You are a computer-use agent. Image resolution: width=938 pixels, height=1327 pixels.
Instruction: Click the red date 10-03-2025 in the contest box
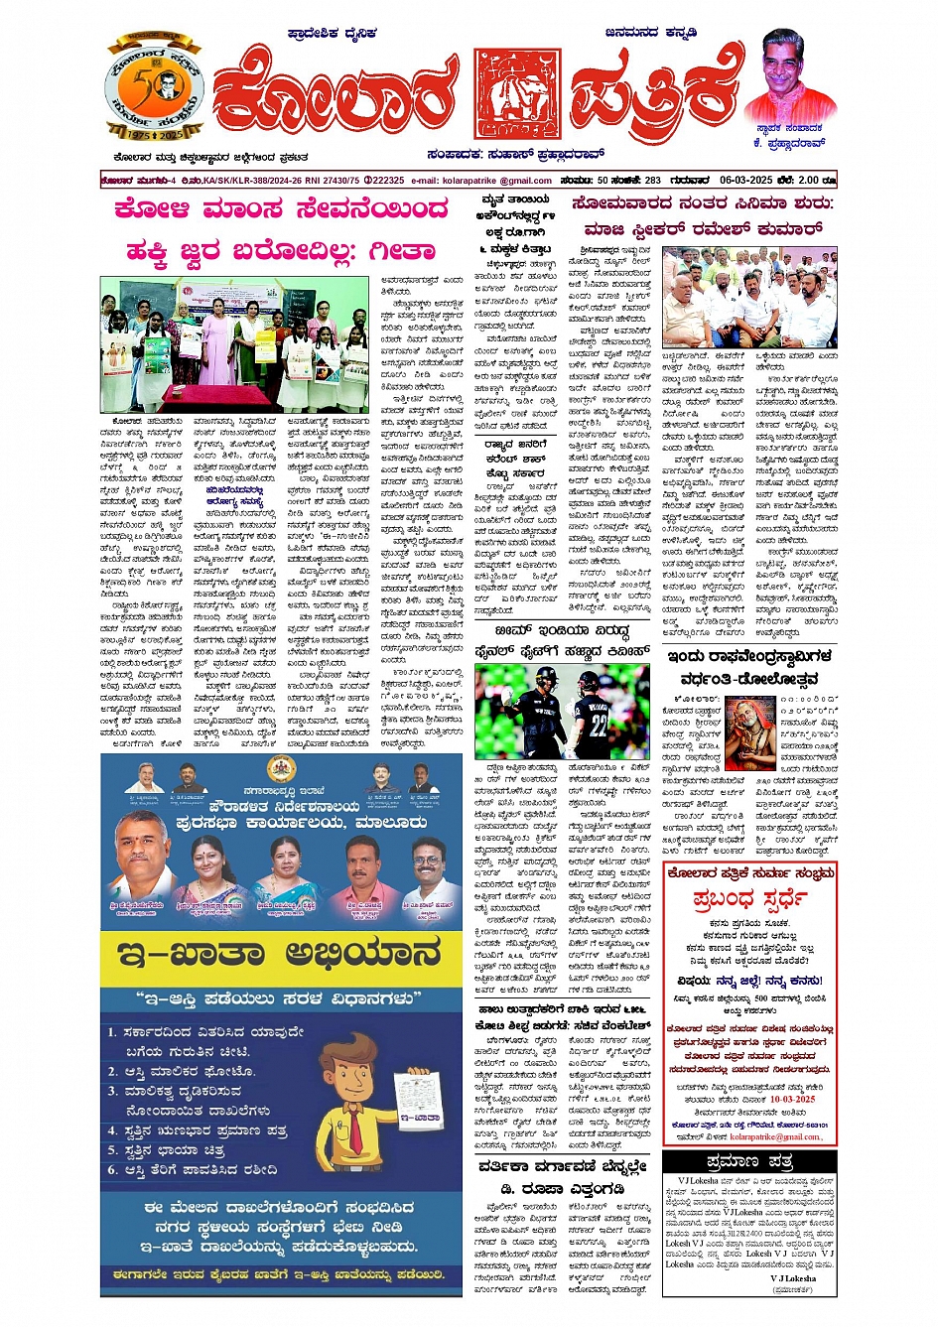[790, 1099]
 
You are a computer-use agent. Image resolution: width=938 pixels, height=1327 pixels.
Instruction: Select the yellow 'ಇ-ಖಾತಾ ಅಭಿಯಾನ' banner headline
[280, 955]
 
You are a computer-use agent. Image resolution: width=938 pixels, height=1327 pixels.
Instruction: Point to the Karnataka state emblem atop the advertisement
[280, 770]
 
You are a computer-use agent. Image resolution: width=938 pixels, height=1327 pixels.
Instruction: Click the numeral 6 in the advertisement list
[113, 1170]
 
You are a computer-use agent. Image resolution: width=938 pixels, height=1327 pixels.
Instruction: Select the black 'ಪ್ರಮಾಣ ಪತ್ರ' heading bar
[749, 1162]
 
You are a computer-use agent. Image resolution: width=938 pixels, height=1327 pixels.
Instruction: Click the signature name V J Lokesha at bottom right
[792, 1278]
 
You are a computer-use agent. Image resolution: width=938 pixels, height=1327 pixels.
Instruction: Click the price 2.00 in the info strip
[809, 181]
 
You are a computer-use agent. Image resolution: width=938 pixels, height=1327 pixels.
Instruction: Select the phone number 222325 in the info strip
[385, 181]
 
